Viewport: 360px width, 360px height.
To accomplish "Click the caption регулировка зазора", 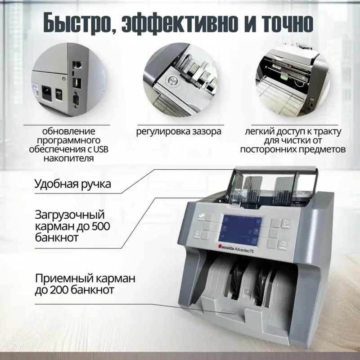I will click(179, 132).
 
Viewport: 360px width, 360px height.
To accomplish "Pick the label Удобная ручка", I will click(72, 184).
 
